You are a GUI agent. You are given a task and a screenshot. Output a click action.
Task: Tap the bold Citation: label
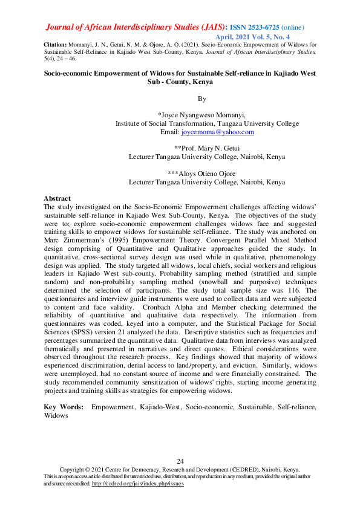(x=56, y=45)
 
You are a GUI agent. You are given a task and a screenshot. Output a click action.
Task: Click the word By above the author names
(x=201, y=98)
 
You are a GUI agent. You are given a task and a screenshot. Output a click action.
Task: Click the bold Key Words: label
(x=63, y=408)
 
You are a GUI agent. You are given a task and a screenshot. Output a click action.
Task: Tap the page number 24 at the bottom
(x=180, y=462)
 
